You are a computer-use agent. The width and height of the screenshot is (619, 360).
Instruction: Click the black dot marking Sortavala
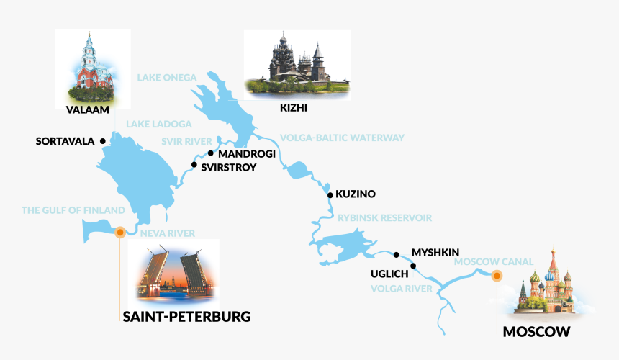point(103,141)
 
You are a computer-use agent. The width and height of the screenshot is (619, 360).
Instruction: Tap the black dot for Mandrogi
point(210,153)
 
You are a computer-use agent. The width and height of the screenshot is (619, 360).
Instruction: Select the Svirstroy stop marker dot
point(194,165)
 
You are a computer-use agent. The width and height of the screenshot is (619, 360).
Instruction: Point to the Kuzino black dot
point(329,194)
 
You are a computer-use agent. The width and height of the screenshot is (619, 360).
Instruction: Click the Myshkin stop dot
point(397,254)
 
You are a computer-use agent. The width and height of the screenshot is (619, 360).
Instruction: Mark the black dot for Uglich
point(413,266)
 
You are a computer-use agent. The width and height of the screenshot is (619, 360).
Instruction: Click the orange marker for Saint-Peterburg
point(120,233)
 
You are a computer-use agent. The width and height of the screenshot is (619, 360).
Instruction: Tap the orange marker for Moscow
point(496,275)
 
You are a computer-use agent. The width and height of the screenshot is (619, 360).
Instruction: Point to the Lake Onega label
point(167,76)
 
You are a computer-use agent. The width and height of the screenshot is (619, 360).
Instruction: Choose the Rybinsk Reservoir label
point(384,217)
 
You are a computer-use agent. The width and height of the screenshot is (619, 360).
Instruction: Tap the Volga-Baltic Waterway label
point(342,138)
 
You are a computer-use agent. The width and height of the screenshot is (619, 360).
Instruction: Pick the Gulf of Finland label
point(73,210)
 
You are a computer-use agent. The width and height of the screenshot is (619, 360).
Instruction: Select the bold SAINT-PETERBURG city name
point(186,316)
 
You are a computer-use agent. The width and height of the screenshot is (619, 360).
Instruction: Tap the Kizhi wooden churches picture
point(297,63)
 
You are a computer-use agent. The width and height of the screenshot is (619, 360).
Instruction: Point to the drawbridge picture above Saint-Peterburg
point(173,270)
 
